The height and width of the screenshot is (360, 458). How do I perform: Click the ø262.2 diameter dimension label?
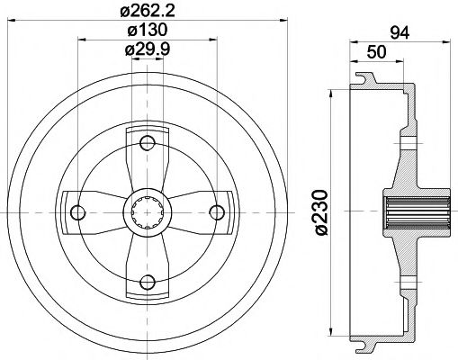tap(148, 12)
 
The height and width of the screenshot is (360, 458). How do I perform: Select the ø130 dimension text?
tap(148, 31)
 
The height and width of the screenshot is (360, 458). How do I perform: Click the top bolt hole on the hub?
tap(148, 141)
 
